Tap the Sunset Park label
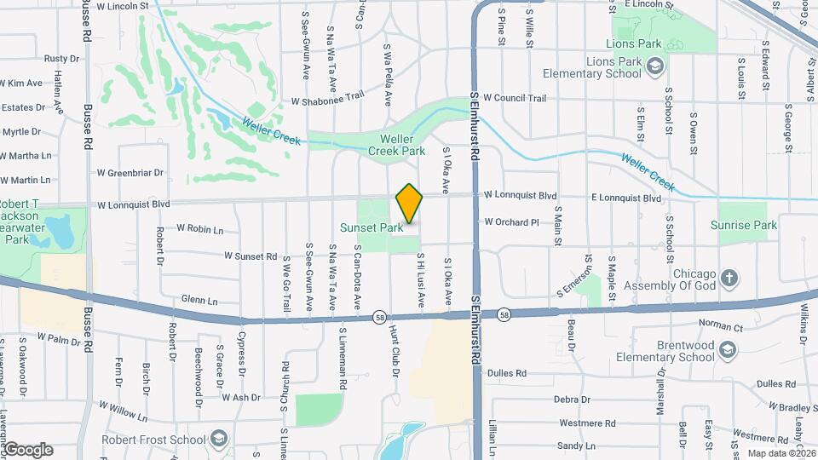coord(372,228)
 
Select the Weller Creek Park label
coord(396,145)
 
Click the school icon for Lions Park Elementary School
coord(654,67)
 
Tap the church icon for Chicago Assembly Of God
coord(729,278)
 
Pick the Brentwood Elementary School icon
coord(728,350)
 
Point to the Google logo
coord(28,449)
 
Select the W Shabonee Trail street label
coord(327,101)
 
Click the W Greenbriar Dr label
coord(129,173)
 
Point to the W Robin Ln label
coord(199,229)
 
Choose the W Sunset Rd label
coord(251,256)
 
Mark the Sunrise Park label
coord(744,226)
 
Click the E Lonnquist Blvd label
coord(626,198)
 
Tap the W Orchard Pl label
coord(511,222)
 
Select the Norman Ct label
coord(721,325)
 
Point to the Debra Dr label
coord(572,400)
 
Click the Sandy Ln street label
coord(576,446)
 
